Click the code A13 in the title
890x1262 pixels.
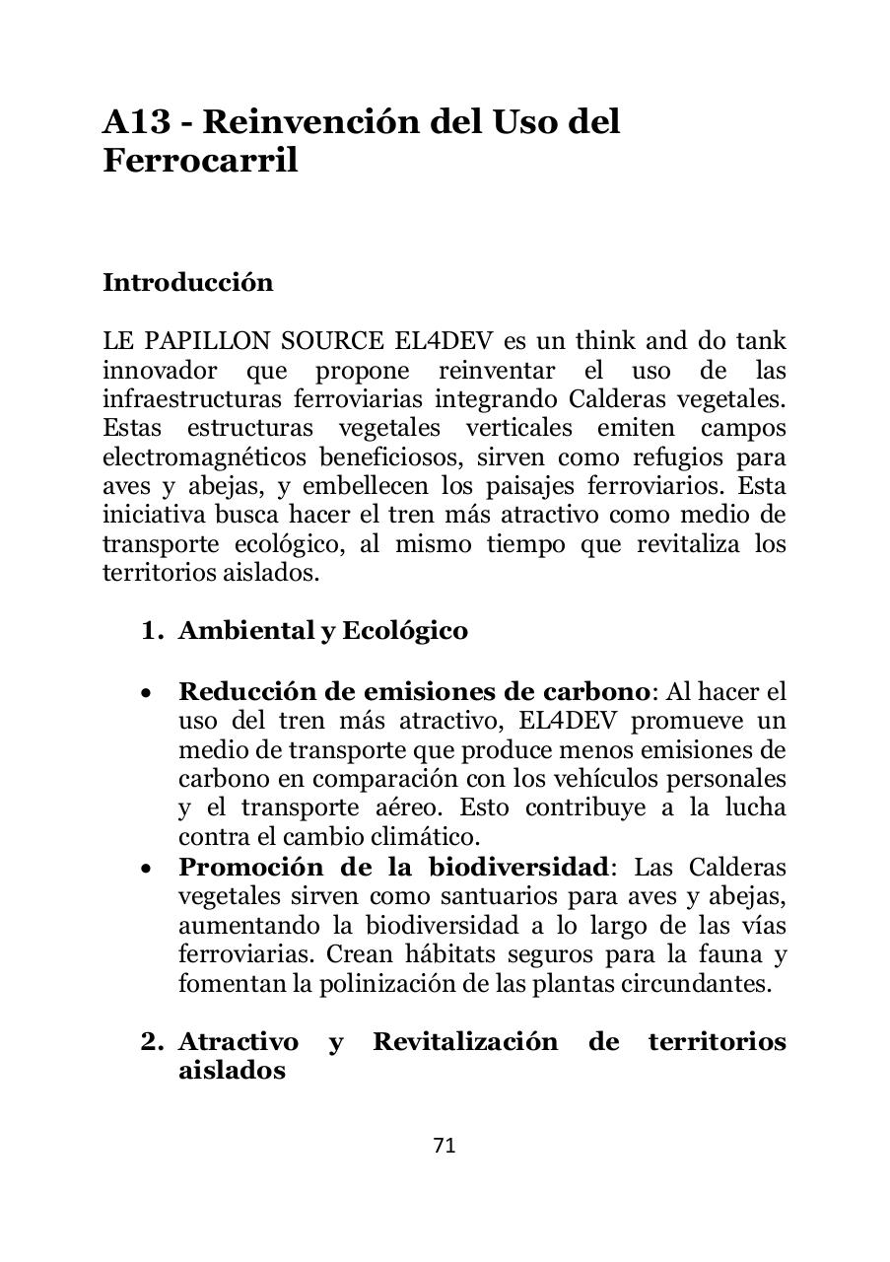point(139,122)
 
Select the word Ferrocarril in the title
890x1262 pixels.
point(200,161)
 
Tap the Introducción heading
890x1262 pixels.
point(187,283)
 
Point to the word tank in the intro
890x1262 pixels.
point(761,342)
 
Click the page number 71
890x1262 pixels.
point(445,1146)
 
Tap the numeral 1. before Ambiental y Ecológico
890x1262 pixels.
point(152,631)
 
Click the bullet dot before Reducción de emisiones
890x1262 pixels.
point(146,693)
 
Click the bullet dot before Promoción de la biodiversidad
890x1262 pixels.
point(146,869)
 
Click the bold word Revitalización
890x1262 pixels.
point(464,1042)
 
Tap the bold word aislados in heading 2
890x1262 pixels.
point(232,1071)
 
